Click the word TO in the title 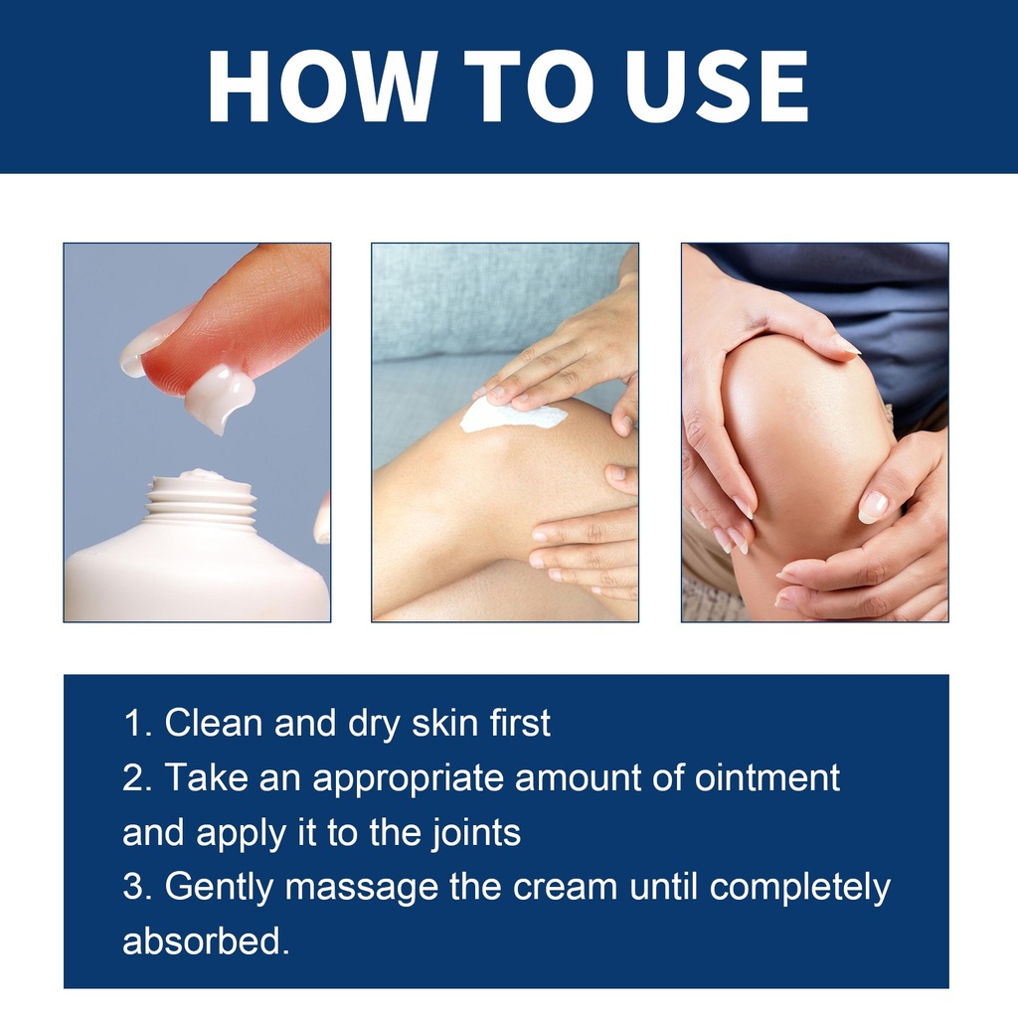(530, 85)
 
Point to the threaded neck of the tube (200, 501)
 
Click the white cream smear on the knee (512, 414)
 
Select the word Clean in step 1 (213, 723)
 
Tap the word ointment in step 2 (767, 777)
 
